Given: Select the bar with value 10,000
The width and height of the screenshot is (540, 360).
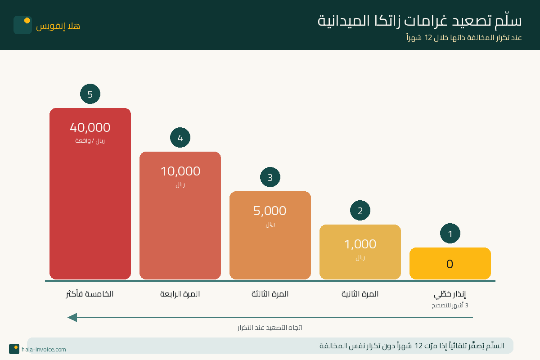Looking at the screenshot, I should pyautogui.click(x=180, y=220).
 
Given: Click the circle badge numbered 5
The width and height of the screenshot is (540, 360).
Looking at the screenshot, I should pyautogui.click(x=90, y=94).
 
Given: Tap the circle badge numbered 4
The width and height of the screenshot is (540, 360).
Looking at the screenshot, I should pyautogui.click(x=180, y=138).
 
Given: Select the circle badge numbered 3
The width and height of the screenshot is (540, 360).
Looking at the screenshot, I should pyautogui.click(x=270, y=177).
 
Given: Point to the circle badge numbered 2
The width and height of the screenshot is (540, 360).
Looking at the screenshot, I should pyautogui.click(x=360, y=211).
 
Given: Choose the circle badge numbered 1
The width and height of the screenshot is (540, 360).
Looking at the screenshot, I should pyautogui.click(x=450, y=234).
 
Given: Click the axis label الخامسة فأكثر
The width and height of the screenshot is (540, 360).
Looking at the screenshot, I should pyautogui.click(x=90, y=294).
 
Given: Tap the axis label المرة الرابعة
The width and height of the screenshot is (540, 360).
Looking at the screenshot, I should pyautogui.click(x=180, y=294).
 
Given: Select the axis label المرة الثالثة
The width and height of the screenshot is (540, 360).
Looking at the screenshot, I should pyautogui.click(x=270, y=294).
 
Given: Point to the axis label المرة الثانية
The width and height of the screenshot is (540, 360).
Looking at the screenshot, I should pyautogui.click(x=360, y=294).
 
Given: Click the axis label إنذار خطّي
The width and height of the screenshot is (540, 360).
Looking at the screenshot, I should pyautogui.click(x=450, y=295).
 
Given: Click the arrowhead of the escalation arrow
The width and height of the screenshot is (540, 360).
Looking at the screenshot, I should pyautogui.click(x=72, y=317).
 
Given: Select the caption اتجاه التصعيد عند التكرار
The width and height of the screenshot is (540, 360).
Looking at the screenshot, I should pyautogui.click(x=270, y=328).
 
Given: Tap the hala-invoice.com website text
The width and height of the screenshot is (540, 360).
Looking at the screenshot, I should pyautogui.click(x=44, y=349).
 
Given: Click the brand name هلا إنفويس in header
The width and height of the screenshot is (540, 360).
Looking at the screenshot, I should pyautogui.click(x=58, y=26).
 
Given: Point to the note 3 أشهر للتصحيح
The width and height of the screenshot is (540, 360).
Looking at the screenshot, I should pyautogui.click(x=450, y=306).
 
